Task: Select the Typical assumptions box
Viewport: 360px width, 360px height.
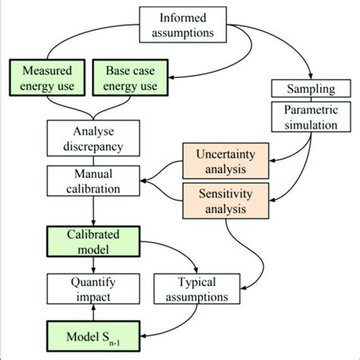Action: pyautogui.click(x=194, y=290)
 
